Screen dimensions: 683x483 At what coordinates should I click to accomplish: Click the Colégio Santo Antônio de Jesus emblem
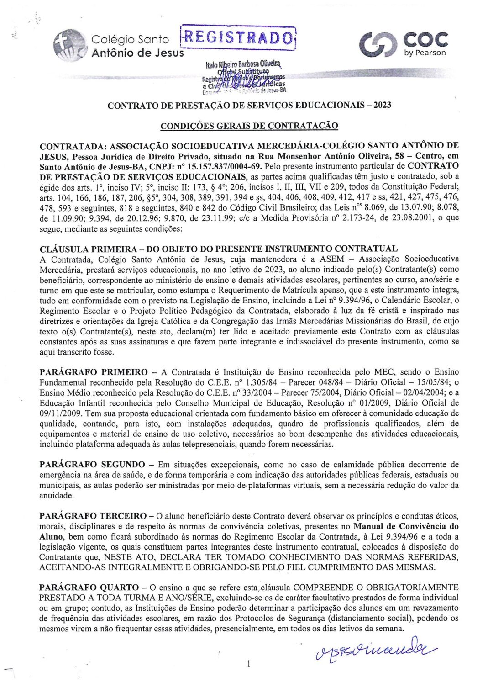69,44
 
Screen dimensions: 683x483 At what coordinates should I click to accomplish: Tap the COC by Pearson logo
403,44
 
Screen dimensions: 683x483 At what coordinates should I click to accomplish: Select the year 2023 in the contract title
382,105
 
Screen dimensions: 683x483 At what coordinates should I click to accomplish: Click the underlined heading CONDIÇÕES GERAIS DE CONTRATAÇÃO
249,126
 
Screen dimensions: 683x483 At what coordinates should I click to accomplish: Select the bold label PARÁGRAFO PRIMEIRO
94,372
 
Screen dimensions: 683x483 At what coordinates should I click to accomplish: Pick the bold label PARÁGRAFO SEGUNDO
92,465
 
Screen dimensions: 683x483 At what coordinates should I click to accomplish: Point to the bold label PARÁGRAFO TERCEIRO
94,516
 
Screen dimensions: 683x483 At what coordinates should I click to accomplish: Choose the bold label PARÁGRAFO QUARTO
89,588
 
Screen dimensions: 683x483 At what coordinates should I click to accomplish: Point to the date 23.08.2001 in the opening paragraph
403,218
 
